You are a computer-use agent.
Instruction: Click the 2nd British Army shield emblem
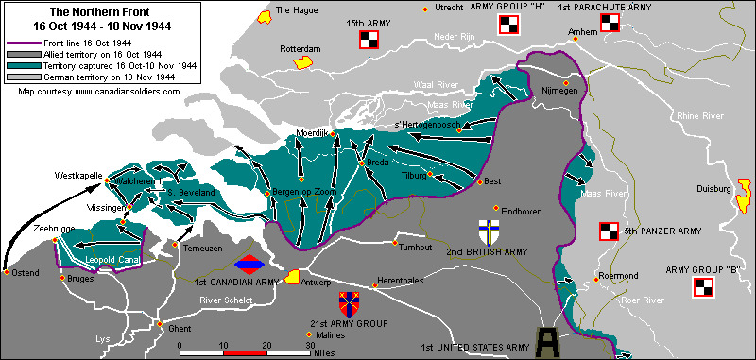[x=490, y=232]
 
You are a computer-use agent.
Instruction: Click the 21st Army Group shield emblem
[x=349, y=304]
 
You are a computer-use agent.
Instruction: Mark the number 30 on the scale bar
[x=310, y=346]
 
